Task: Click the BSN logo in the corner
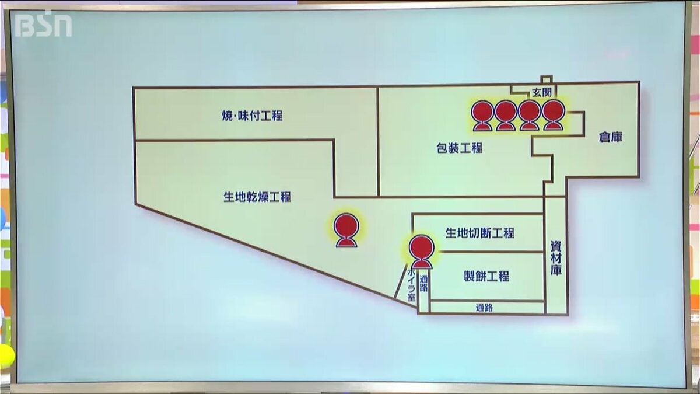43,24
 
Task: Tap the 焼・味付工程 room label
252,116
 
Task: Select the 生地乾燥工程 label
257,197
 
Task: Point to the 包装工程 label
460,148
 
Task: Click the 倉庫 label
611,137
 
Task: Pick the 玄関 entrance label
541,92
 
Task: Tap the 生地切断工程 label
480,233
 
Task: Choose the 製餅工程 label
487,276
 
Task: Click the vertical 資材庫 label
556,258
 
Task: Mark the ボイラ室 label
411,285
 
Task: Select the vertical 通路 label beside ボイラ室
423,283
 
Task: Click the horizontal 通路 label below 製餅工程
484,308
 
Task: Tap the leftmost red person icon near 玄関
483,116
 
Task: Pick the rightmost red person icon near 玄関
553,115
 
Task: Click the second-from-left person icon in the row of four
506,116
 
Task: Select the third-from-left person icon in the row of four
530,116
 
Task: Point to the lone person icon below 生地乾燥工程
346,231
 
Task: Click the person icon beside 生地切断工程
422,252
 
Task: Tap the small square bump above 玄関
547,79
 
